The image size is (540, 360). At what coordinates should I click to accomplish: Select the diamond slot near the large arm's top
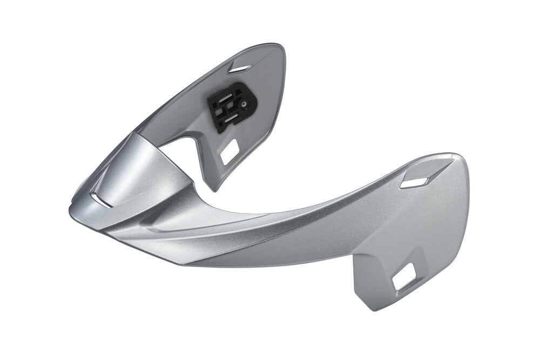coord(414,182)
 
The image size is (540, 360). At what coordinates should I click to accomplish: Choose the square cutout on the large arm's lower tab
coord(404,278)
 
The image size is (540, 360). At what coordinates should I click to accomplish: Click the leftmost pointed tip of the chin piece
coord(71,208)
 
